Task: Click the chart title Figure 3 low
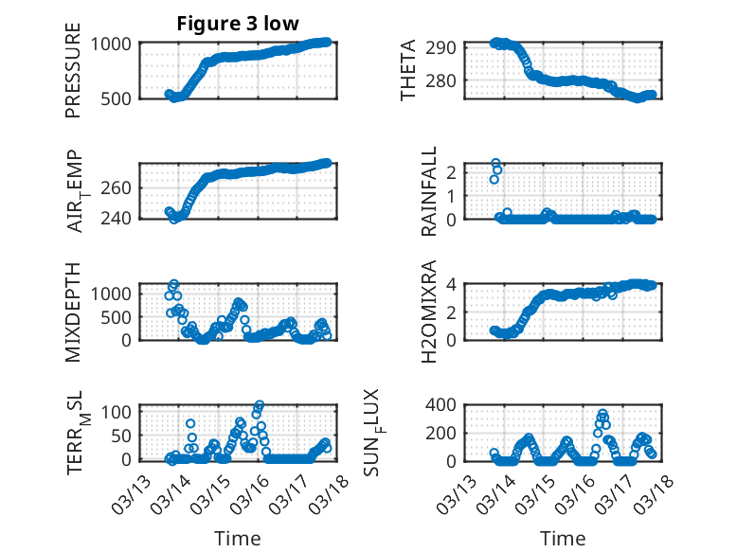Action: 238,24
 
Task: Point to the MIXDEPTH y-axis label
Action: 74,312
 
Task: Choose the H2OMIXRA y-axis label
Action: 428,312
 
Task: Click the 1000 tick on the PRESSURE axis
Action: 115,44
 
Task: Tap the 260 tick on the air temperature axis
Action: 121,187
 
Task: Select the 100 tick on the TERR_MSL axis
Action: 121,412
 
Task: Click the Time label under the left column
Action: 237,539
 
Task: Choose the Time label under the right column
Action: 563,539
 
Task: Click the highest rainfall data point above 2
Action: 495,164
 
